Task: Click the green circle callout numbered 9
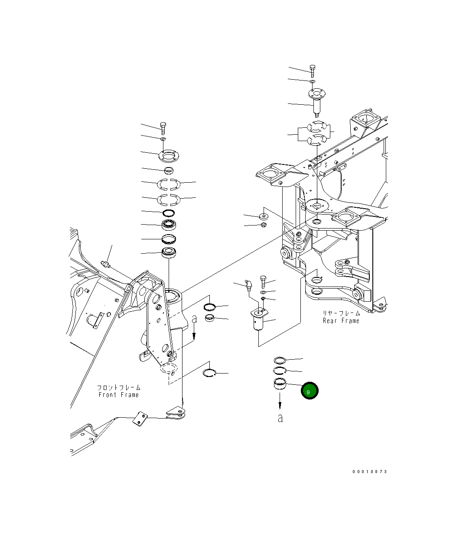[x=310, y=391]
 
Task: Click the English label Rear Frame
[x=341, y=321]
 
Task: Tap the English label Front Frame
[x=118, y=395]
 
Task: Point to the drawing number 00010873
[x=370, y=471]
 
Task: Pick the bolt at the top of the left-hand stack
[x=163, y=128]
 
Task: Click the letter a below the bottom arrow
[x=280, y=419]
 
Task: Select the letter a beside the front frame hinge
[x=194, y=319]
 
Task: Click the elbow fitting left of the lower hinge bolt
[x=248, y=286]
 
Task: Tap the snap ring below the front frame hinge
[x=210, y=372]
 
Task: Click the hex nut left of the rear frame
[x=264, y=225]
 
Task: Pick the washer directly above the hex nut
[x=263, y=216]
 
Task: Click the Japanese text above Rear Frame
[x=341, y=313]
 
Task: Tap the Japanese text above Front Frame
[x=118, y=388]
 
